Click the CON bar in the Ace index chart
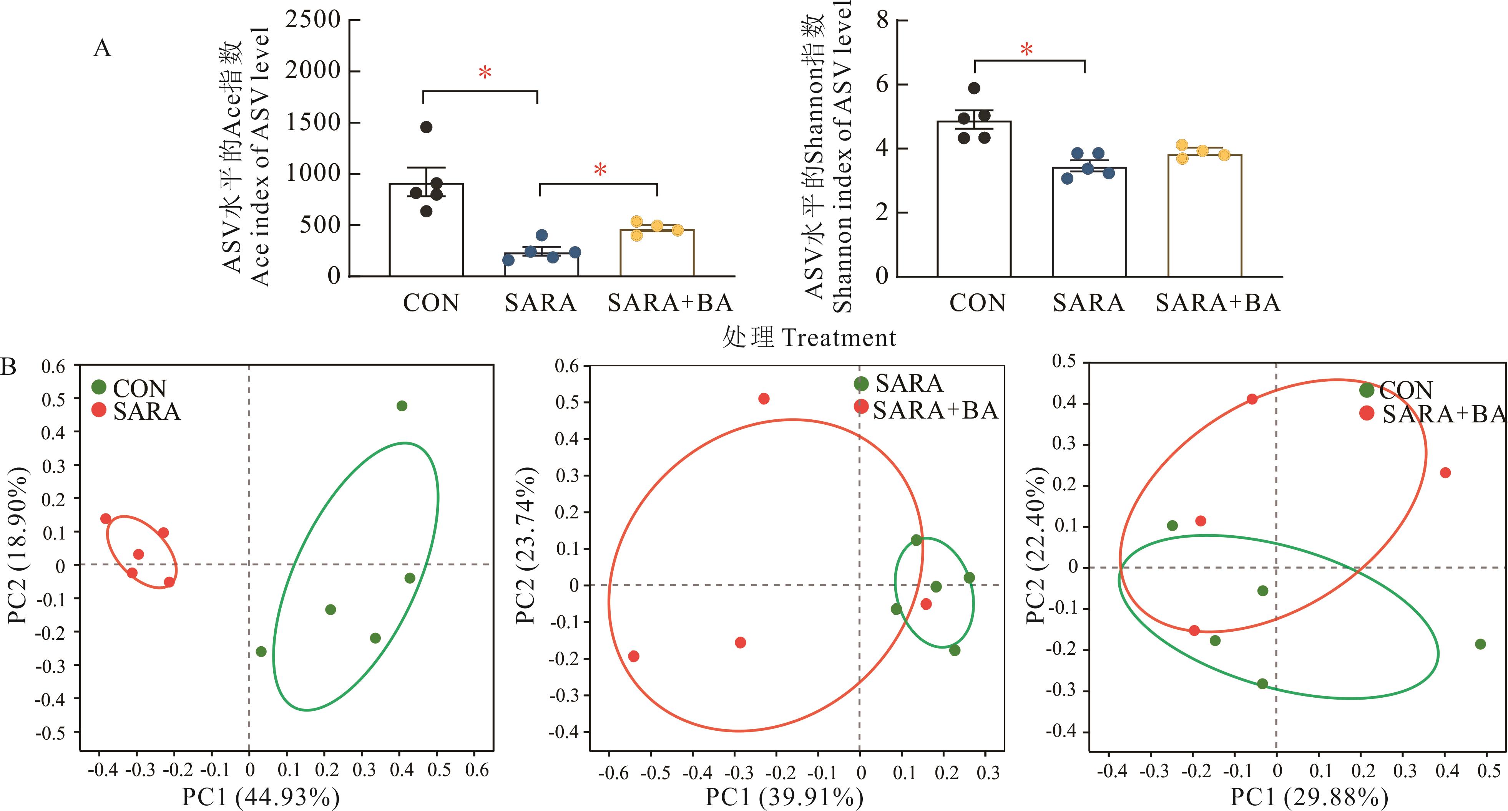[426, 234]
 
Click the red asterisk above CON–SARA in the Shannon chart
[1027, 50]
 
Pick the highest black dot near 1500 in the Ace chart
[426, 127]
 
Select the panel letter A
[102, 48]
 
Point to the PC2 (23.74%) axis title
[526, 545]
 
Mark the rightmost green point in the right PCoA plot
[1480, 644]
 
